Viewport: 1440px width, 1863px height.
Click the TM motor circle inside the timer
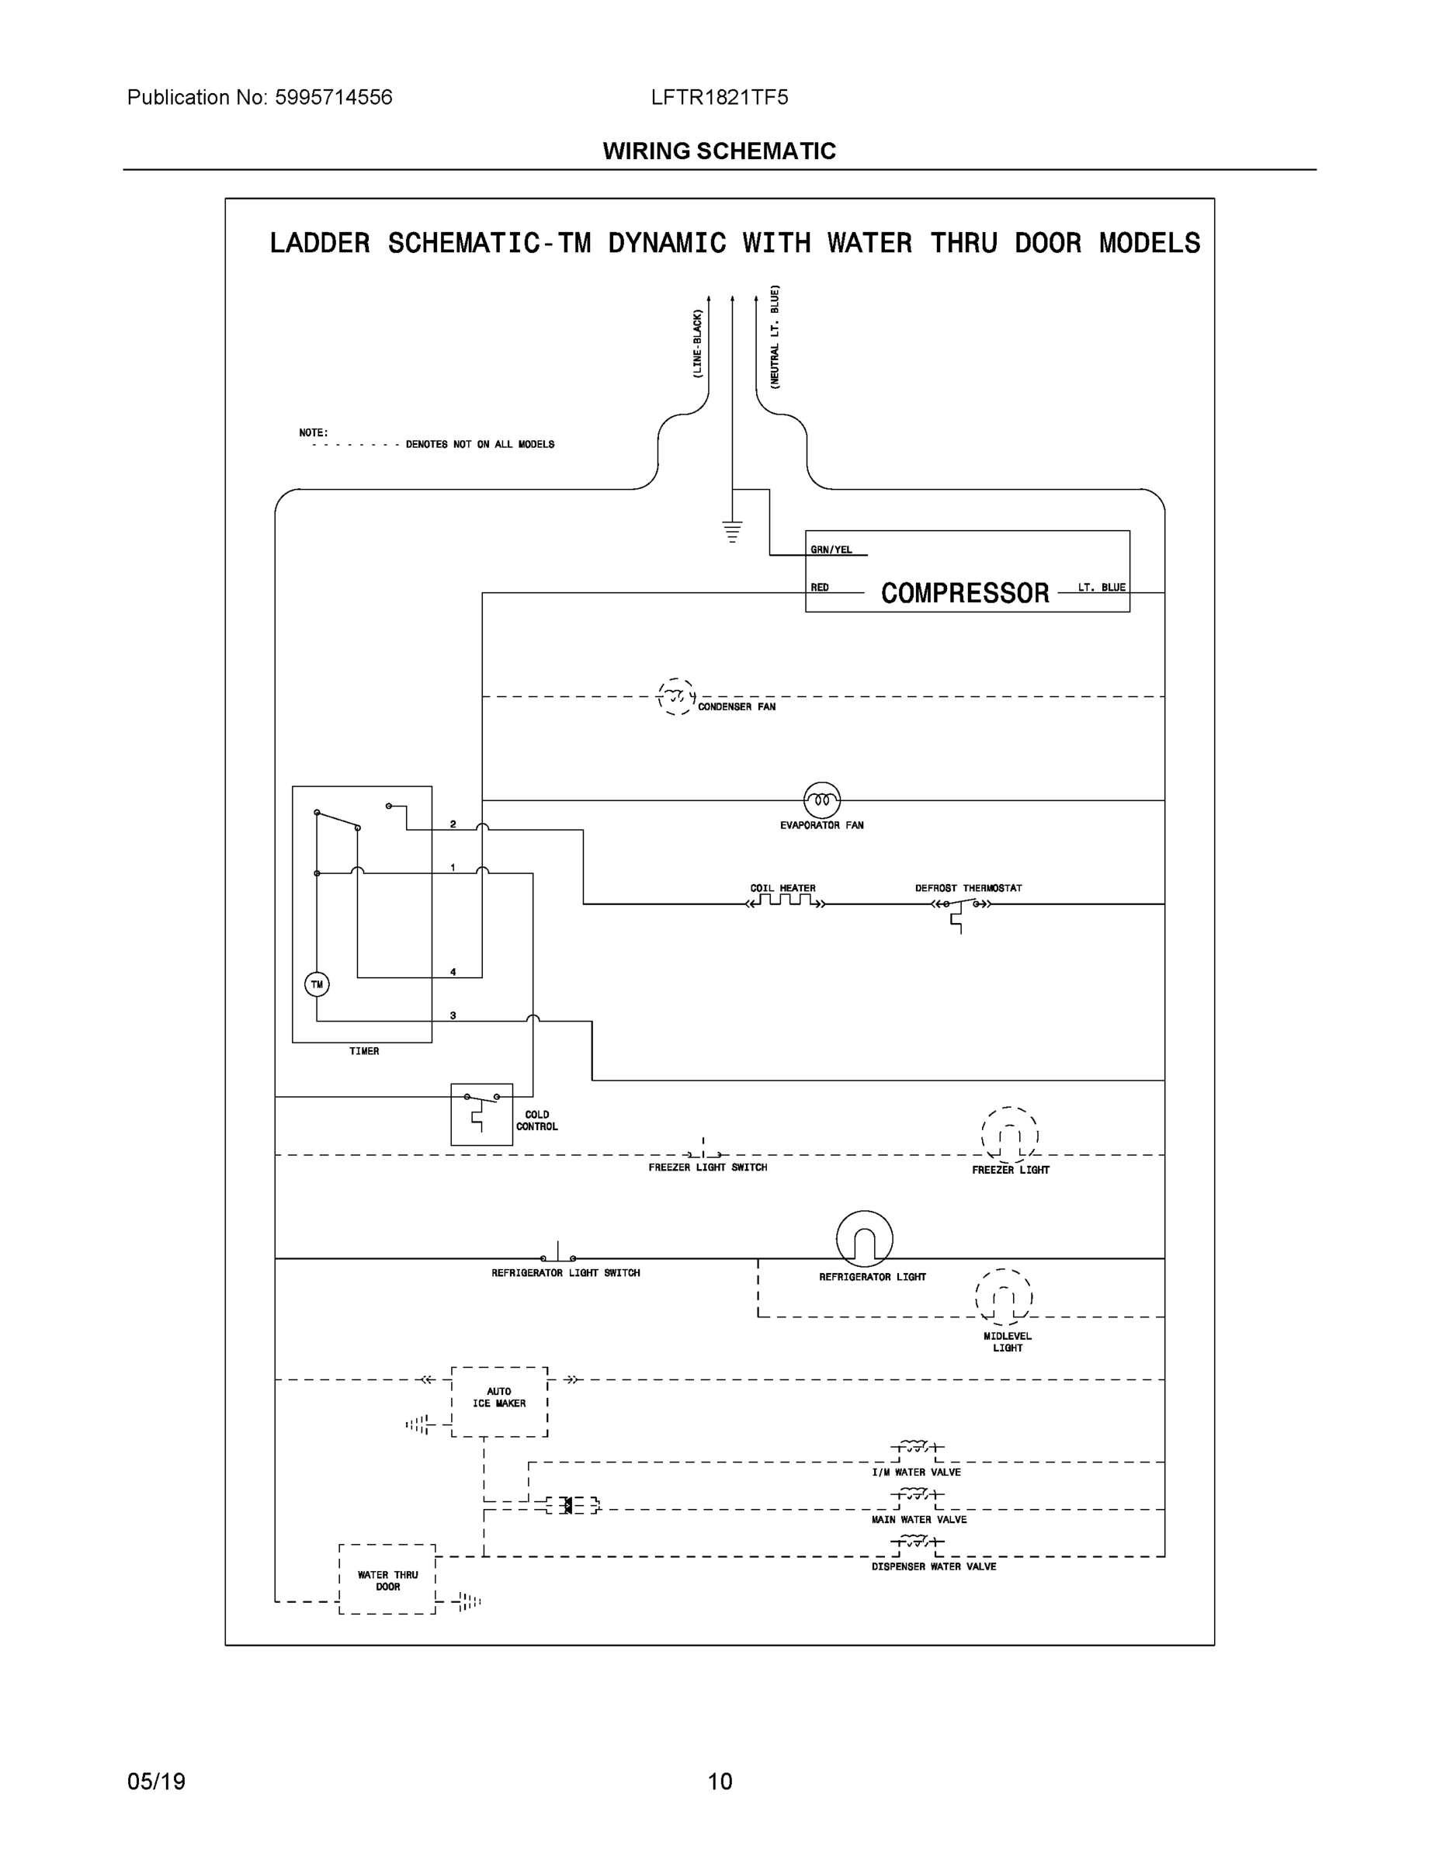(x=317, y=984)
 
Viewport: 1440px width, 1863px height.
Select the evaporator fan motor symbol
(x=821, y=800)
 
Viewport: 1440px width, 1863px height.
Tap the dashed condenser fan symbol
(x=676, y=696)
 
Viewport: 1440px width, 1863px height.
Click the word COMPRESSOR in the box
(x=965, y=593)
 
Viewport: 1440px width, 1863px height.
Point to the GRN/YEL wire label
(x=831, y=550)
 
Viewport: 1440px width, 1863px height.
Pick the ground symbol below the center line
(x=732, y=532)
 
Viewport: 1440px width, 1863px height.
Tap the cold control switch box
(x=481, y=1114)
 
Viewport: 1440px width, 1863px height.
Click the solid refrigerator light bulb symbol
(x=864, y=1239)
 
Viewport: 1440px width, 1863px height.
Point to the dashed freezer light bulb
(x=1010, y=1136)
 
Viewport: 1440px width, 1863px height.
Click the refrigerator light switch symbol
(x=558, y=1254)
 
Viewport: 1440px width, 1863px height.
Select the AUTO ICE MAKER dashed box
(x=499, y=1401)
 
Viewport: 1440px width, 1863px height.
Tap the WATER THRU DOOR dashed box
(x=387, y=1580)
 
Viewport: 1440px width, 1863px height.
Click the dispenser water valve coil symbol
(x=916, y=1542)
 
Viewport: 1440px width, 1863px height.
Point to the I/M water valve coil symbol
(x=916, y=1447)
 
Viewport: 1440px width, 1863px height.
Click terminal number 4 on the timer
(x=453, y=972)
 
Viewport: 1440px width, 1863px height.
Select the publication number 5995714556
(x=334, y=97)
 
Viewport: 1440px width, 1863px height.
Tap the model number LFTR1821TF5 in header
(x=719, y=97)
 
